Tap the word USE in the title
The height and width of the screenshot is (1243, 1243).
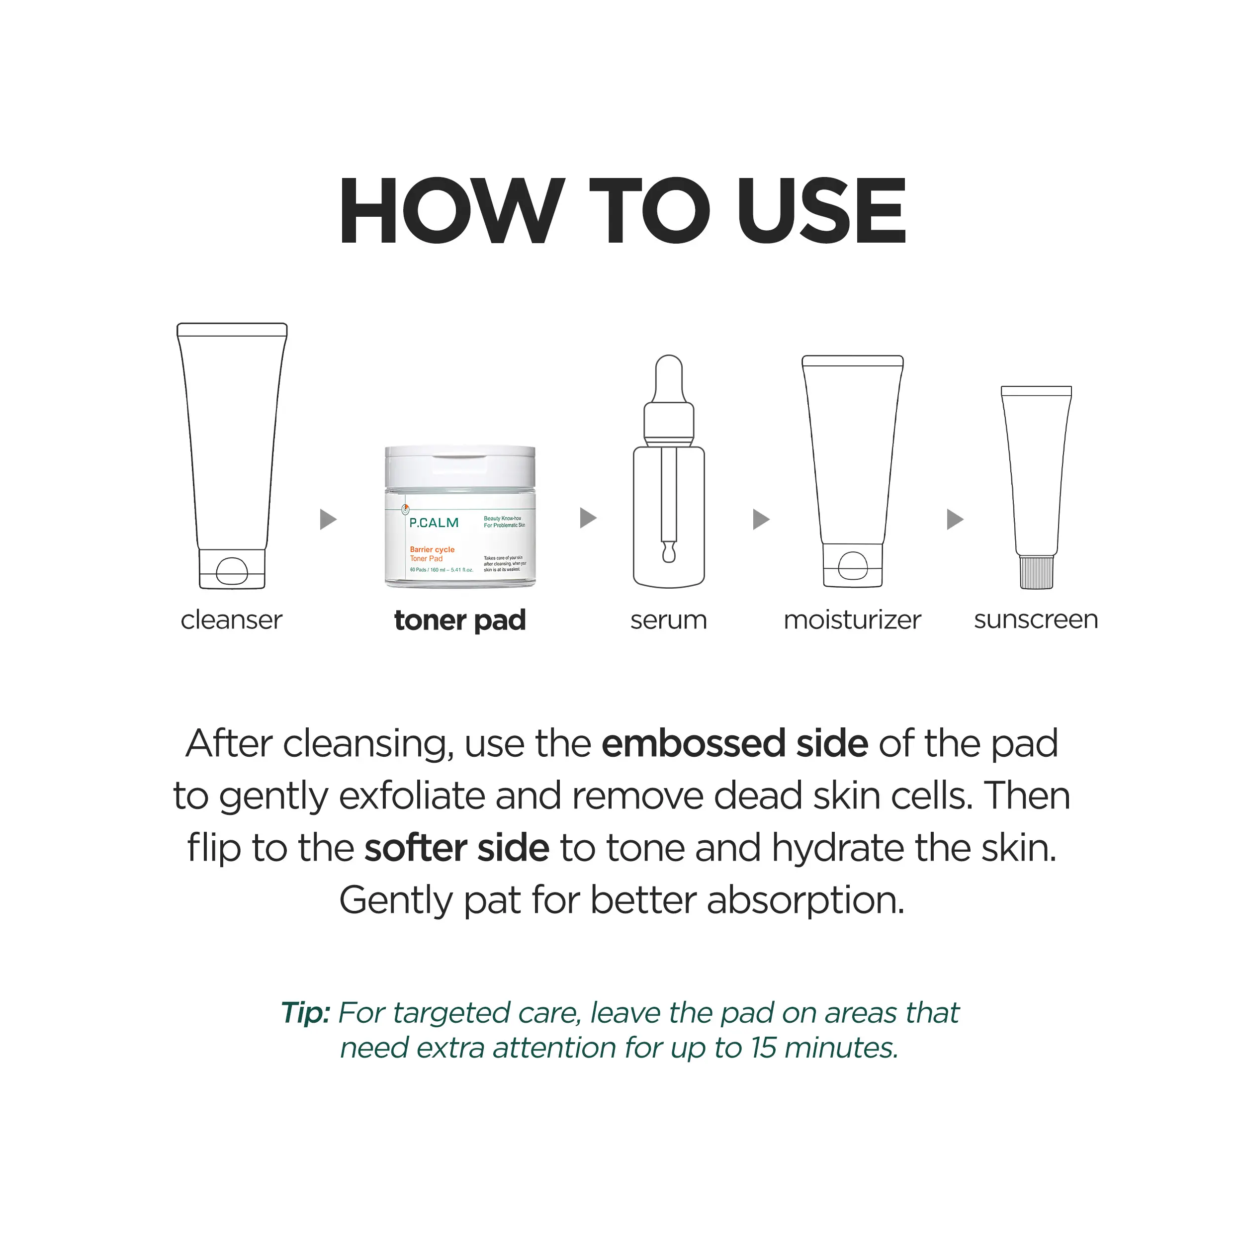822,211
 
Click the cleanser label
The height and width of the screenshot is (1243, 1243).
232,620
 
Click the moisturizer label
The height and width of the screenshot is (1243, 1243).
853,620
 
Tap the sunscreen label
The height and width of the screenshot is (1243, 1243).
1036,620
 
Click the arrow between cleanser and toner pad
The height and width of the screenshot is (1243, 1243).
328,519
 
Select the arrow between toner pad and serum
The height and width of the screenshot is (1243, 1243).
588,518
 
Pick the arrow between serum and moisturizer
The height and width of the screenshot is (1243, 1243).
761,519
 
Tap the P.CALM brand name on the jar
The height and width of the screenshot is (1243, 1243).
434,523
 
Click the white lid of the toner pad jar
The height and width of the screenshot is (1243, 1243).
460,467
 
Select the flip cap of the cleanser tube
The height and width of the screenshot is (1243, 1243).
232,569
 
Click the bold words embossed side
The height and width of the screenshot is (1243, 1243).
735,744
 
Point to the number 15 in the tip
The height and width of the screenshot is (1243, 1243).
763,1048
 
